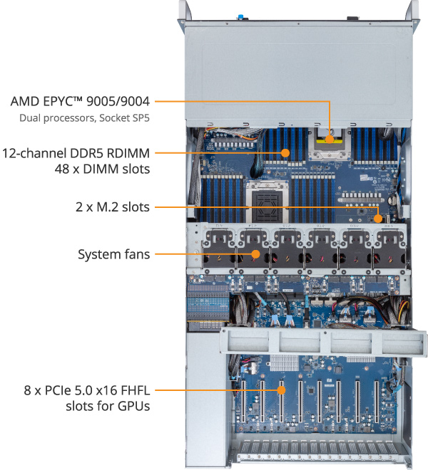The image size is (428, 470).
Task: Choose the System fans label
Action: pyautogui.click(x=113, y=253)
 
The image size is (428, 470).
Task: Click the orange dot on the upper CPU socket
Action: pyautogui.click(x=329, y=142)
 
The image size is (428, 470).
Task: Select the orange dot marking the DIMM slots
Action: pyautogui.click(x=285, y=152)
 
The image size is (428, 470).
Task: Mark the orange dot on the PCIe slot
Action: pyautogui.click(x=281, y=390)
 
